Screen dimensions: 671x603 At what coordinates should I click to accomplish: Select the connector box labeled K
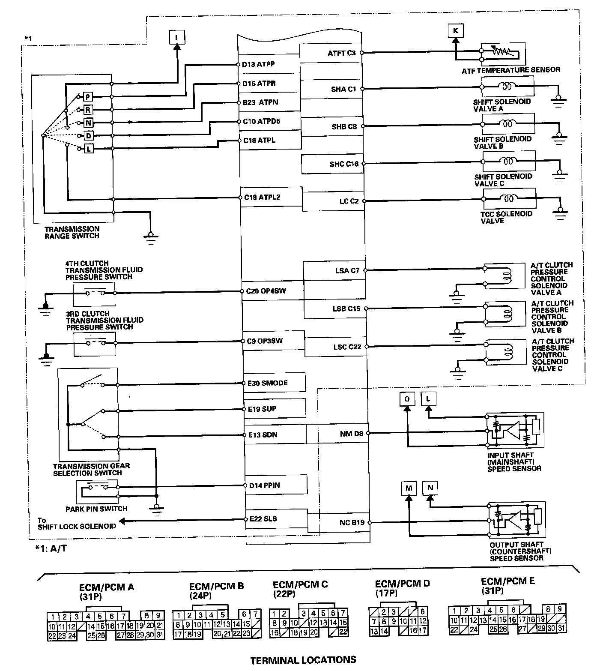(455, 30)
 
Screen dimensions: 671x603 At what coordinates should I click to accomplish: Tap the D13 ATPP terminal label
(258, 64)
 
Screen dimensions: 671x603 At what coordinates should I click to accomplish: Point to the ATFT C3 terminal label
(342, 53)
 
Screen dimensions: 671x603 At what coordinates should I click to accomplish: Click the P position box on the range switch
(87, 96)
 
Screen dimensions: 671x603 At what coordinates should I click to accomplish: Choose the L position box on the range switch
(88, 149)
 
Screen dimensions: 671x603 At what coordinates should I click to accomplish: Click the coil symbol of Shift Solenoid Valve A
(507, 87)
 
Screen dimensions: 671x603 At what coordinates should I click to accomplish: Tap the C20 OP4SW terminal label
(266, 291)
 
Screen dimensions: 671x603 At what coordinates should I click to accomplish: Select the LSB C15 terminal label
(347, 308)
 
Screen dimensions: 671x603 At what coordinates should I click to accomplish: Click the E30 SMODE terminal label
(268, 383)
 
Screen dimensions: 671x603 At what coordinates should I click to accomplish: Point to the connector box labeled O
(407, 399)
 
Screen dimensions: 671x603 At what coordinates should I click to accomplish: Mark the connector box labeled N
(430, 487)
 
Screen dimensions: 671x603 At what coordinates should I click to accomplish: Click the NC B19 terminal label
(352, 522)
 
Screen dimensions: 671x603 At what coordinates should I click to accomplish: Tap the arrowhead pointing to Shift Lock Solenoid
(122, 521)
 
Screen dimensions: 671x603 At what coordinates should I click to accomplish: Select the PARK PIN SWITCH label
(96, 509)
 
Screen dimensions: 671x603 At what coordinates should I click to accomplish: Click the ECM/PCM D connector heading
(402, 587)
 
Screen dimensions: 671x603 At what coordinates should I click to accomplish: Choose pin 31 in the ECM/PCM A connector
(159, 635)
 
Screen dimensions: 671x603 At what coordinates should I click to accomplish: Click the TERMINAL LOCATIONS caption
(303, 659)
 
